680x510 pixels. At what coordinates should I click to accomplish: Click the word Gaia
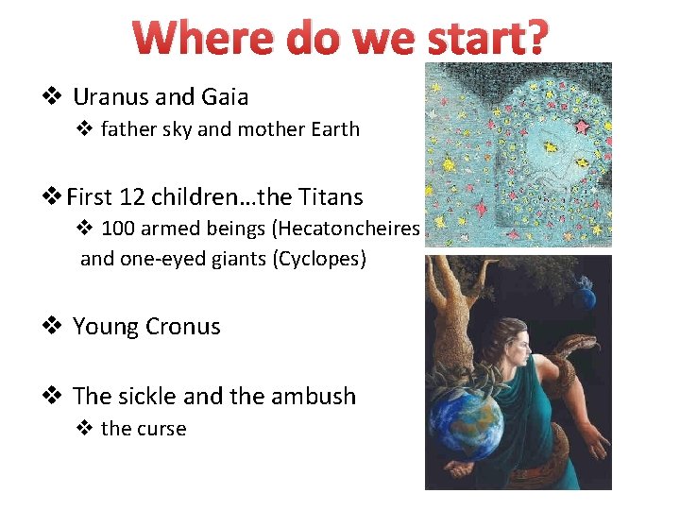[x=223, y=96]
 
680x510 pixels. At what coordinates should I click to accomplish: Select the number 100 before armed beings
[x=118, y=228]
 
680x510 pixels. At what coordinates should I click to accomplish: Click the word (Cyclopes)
[x=319, y=258]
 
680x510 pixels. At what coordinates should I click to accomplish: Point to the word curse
[x=160, y=429]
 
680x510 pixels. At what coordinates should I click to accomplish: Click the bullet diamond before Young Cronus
[x=53, y=327]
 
